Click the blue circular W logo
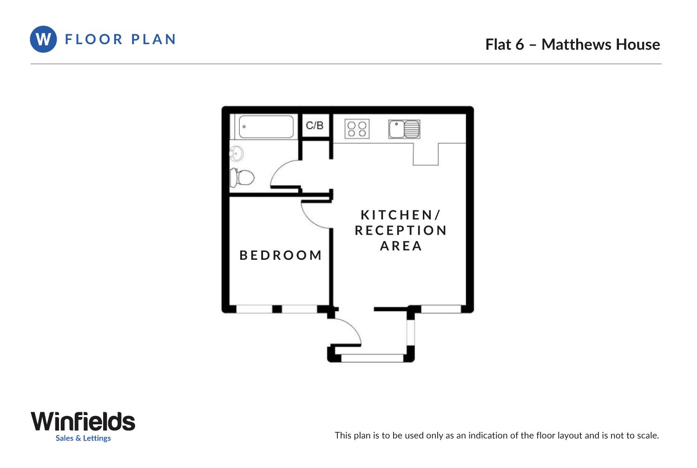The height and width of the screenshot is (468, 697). tap(43, 39)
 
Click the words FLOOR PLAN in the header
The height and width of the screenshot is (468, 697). tap(120, 40)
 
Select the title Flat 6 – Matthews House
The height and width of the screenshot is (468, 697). tap(572, 45)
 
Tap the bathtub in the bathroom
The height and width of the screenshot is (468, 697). tap(266, 126)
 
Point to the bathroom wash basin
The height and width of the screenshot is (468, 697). tap(237, 153)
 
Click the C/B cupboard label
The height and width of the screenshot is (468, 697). tap(315, 125)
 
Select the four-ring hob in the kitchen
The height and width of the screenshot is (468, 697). tap(357, 129)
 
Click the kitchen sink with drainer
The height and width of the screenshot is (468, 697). tap(404, 129)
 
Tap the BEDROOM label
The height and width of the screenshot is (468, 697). tap(281, 256)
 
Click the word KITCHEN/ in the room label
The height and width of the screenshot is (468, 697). tap(400, 215)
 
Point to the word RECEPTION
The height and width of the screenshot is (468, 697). tap(401, 231)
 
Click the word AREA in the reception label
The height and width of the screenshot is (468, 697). tap(401, 246)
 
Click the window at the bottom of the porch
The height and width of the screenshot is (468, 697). tap(372, 358)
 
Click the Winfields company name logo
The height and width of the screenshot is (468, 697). tap(83, 422)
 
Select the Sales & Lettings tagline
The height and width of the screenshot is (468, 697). tap(83, 438)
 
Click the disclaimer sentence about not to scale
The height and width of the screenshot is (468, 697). tap(497, 435)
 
